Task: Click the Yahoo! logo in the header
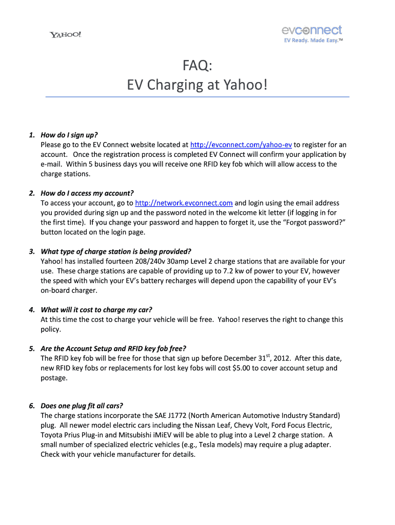(x=65, y=35)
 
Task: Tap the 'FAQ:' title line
(x=197, y=65)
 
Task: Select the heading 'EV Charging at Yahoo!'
(x=197, y=84)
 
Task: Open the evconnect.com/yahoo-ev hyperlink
(x=241, y=145)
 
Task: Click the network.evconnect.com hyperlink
(x=184, y=203)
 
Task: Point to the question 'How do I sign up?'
(x=69, y=135)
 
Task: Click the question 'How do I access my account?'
(x=87, y=193)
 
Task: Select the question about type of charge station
(x=115, y=251)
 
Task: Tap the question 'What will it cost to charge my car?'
(x=96, y=310)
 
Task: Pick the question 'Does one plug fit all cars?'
(x=85, y=406)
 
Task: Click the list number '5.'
(x=32, y=349)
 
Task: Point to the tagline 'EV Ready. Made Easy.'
(x=312, y=41)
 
